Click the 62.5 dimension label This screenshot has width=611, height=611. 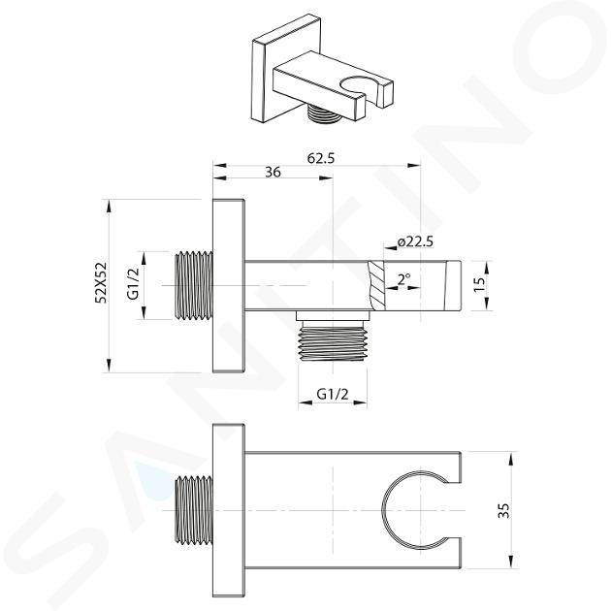[321, 158]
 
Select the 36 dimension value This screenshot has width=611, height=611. [273, 172]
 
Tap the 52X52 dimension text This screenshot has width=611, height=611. [101, 282]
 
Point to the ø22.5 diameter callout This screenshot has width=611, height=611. [415, 242]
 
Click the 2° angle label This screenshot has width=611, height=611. [403, 279]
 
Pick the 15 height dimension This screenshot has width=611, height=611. [480, 283]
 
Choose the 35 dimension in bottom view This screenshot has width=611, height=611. [504, 510]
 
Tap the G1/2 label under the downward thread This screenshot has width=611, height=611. [333, 395]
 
